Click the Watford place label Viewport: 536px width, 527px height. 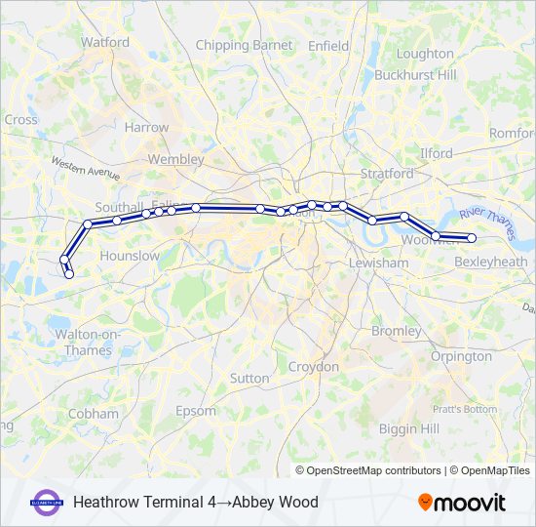[x=105, y=42]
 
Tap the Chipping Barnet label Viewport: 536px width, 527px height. [x=244, y=45]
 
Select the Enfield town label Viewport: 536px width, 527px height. [x=327, y=45]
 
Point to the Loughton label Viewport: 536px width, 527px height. [x=425, y=54]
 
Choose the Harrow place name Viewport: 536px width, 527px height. [x=146, y=127]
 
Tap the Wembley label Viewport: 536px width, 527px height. [x=175, y=159]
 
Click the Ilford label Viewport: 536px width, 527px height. [x=436, y=153]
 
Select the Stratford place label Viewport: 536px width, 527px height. [x=387, y=173]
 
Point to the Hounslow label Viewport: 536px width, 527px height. [x=130, y=256]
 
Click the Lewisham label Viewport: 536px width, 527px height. [x=382, y=263]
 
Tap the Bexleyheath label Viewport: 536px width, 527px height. [x=491, y=263]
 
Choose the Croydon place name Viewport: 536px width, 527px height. [x=314, y=367]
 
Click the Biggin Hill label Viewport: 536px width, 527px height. [x=409, y=429]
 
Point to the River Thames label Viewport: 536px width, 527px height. [x=486, y=223]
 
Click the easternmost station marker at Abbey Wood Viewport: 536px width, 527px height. [x=472, y=238]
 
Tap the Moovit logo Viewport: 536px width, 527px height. [x=462, y=503]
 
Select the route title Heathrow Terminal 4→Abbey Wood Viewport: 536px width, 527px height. [x=195, y=503]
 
